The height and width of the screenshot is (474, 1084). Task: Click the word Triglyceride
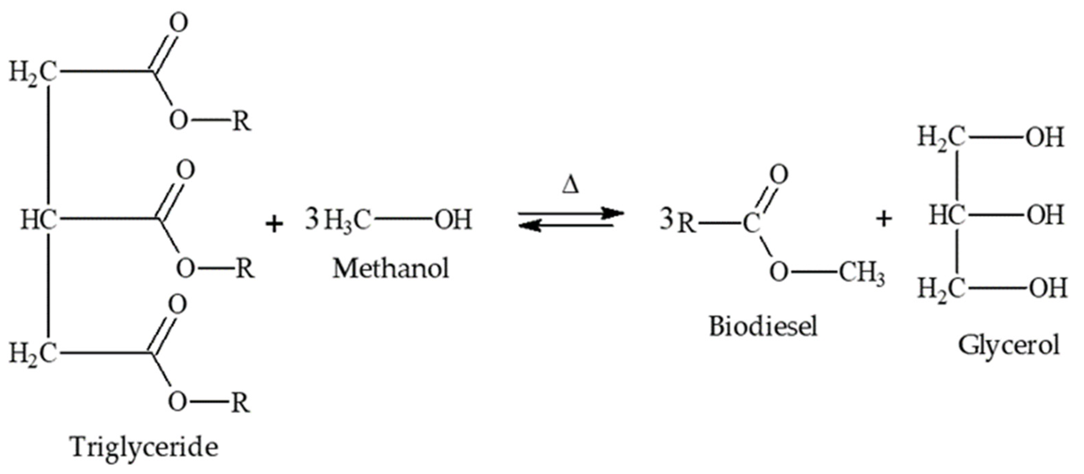point(145,447)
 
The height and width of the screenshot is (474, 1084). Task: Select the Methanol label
point(391,268)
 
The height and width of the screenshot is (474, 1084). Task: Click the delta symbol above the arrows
point(570,186)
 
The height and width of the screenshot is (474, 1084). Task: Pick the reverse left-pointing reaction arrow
point(566,227)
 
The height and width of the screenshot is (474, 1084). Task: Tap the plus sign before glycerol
point(884,219)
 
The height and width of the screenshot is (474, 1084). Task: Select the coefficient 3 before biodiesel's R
point(667,220)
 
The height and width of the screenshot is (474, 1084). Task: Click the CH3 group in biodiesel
point(862,274)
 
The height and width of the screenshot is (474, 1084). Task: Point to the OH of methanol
point(454,220)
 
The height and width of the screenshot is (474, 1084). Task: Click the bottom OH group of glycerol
point(1048,289)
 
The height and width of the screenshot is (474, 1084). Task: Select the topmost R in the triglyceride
point(241,121)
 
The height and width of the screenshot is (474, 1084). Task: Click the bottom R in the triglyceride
point(240,402)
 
